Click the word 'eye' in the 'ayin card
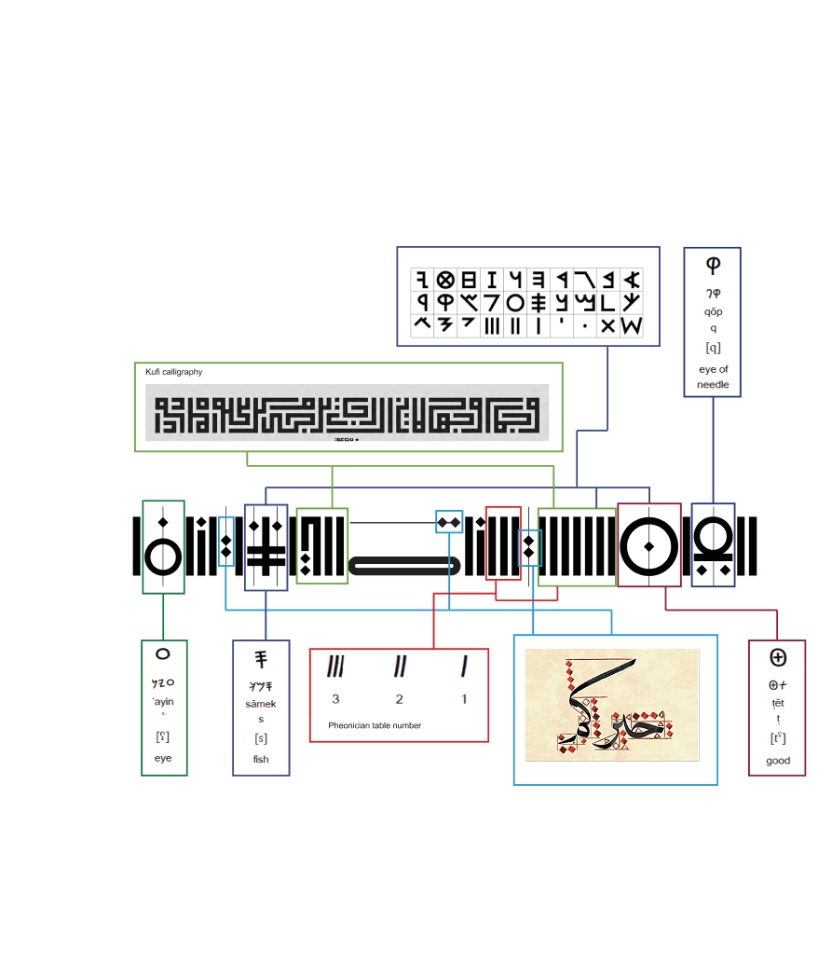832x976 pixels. click(163, 758)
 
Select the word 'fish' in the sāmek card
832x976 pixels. click(261, 759)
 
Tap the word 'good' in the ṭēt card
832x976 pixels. click(778, 761)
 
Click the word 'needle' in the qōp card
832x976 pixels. click(713, 385)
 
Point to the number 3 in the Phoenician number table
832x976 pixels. click(334, 699)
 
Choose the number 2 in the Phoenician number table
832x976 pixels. click(399, 699)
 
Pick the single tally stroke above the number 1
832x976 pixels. click(463, 667)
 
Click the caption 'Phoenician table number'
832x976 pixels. click(375, 725)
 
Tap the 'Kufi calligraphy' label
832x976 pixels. click(174, 372)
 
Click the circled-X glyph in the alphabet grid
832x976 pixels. click(445, 279)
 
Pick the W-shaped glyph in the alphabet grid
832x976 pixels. click(631, 326)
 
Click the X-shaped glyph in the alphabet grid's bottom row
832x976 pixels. click(607, 326)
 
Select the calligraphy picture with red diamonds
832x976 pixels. click(611, 705)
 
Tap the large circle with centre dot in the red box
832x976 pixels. click(648, 546)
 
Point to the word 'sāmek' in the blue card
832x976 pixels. click(261, 704)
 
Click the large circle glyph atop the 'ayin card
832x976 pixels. click(163, 654)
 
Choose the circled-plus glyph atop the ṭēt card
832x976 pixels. click(778, 657)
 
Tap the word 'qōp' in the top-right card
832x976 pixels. click(713, 311)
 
